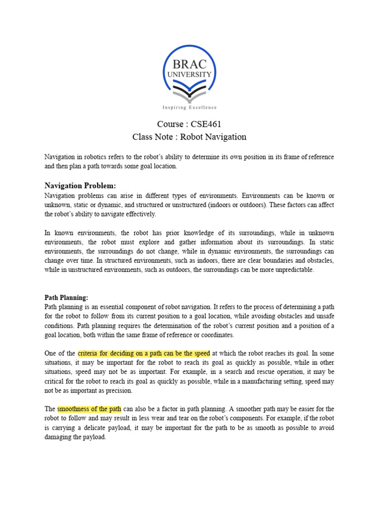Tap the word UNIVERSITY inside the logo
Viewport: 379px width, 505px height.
189,74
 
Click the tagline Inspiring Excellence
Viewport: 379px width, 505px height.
189,107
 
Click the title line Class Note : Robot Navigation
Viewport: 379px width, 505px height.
189,137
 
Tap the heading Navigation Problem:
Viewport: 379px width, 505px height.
80,185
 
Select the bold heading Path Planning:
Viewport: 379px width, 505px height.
67,298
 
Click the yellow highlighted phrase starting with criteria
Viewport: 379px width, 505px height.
144,353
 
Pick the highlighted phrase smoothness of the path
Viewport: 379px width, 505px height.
89,409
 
